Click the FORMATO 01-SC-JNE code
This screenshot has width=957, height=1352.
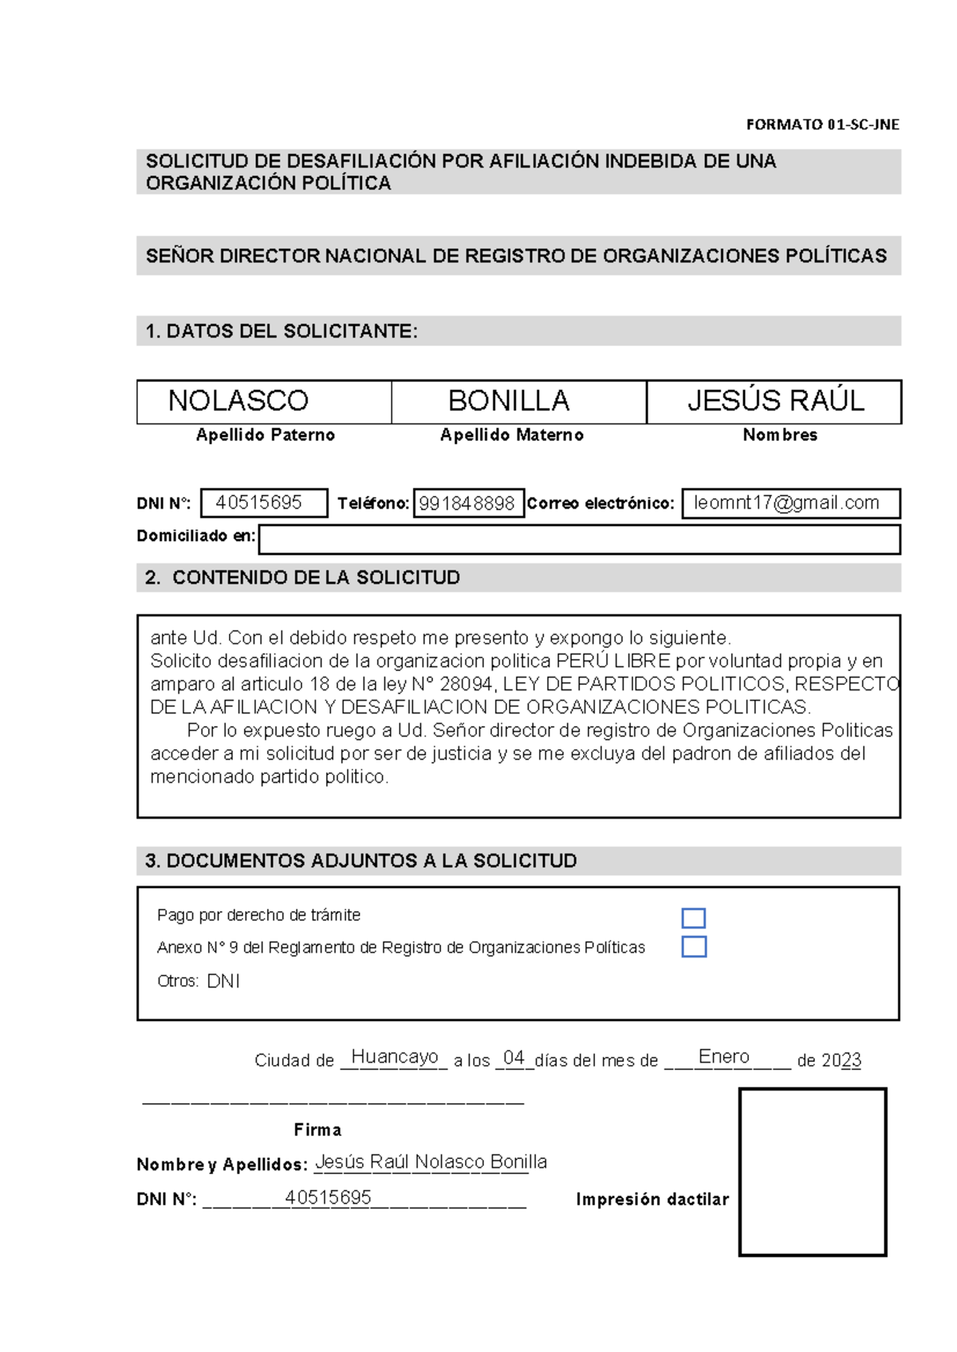click(822, 124)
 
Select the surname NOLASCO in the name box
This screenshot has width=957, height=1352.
click(238, 400)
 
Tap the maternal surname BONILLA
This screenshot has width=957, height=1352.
click(509, 400)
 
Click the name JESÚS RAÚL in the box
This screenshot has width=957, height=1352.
click(775, 400)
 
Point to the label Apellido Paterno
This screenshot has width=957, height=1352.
click(266, 435)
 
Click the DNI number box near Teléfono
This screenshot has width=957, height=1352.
click(263, 503)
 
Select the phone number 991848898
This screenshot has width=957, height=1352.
click(467, 504)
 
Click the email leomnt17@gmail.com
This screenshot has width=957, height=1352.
click(787, 503)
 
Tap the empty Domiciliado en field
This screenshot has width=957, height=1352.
click(579, 540)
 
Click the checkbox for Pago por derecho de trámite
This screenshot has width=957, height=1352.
click(693, 918)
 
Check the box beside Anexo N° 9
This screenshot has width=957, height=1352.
click(694, 947)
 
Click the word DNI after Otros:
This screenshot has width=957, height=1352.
click(223, 981)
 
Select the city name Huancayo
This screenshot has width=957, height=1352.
click(395, 1057)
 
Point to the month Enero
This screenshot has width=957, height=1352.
click(723, 1057)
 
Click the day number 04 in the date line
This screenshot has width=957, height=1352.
click(514, 1058)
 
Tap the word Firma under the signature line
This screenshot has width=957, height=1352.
click(317, 1130)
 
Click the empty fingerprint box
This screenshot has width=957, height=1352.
click(812, 1172)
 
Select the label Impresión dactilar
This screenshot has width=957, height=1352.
click(652, 1200)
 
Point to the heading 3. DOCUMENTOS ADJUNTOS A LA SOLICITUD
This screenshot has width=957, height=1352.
click(360, 861)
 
